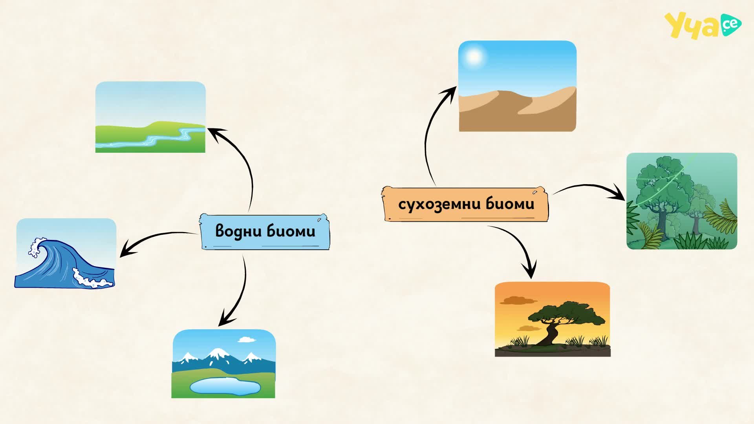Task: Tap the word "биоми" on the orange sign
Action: click(510, 203)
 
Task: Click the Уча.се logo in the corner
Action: click(703, 25)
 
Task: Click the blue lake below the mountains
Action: click(225, 386)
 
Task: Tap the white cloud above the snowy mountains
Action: click(247, 339)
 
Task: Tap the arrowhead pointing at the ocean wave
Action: click(126, 250)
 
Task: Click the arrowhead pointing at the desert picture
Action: click(450, 94)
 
